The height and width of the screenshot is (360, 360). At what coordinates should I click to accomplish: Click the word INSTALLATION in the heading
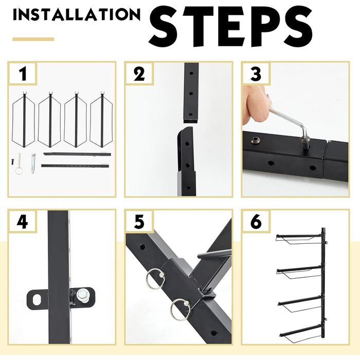(77, 15)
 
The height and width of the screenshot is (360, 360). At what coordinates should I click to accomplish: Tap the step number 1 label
(23, 74)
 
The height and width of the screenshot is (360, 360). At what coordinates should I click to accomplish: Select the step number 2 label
(139, 74)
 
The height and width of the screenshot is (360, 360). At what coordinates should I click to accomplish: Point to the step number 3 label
(256, 74)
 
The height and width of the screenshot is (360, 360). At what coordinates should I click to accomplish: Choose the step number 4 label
(22, 222)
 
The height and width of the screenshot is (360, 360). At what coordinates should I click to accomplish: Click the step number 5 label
(139, 222)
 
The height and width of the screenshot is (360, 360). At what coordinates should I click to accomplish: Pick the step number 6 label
(256, 222)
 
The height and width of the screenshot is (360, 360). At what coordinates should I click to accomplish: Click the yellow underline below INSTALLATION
(33, 39)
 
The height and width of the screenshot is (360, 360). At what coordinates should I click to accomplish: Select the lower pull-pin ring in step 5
(181, 310)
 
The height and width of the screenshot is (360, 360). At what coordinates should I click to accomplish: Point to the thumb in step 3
(255, 103)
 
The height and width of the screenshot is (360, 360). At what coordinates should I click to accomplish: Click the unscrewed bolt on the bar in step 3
(255, 140)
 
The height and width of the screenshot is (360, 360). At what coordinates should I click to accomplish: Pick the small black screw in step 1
(12, 161)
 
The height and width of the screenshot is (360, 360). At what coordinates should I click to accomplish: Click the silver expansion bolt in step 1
(33, 163)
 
